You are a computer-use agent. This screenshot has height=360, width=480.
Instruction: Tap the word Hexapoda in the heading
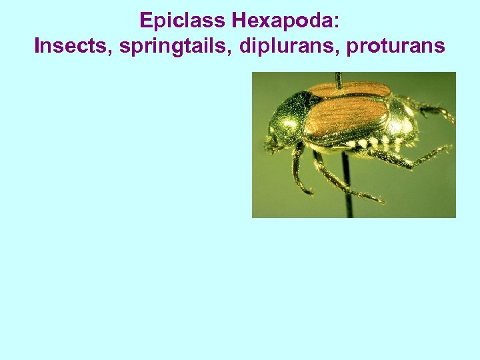coord(283,21)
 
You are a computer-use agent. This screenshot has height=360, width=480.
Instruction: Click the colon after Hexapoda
coord(337,22)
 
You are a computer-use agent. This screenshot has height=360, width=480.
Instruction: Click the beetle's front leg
coord(296,170)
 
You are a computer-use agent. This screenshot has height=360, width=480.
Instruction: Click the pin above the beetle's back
coord(339,79)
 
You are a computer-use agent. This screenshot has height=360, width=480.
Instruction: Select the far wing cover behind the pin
coord(360,89)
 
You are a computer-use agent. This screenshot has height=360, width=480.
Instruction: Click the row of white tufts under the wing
coord(373,142)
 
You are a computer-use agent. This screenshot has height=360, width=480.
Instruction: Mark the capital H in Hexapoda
coord(239,21)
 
